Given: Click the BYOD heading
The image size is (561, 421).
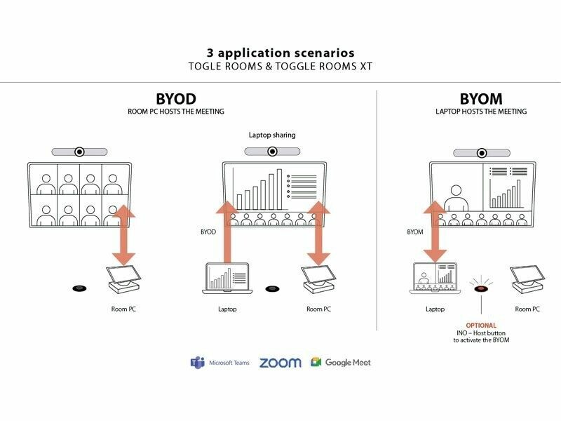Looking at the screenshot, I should point(176,99).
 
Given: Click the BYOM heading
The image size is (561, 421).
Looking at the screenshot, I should point(480,99).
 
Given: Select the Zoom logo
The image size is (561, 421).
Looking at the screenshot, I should point(280,363).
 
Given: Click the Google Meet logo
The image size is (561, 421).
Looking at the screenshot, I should point(341,363).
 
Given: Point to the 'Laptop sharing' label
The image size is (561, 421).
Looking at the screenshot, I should point(272,135).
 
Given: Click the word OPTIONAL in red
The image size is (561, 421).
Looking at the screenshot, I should point(480,326).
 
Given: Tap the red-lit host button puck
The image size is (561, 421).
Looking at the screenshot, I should point(480,288).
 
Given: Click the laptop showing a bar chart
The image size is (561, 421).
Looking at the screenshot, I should point(227,279).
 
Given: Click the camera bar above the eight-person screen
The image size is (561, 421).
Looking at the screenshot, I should point(80,152).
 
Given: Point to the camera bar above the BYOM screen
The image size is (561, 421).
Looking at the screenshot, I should point(481,152).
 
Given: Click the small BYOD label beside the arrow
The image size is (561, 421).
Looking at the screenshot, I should point(208,231).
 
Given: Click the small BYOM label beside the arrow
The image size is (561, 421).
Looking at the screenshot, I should point(415,231).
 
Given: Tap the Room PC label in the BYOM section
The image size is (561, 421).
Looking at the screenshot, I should point(527,309).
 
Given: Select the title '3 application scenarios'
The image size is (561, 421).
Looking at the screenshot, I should point(280,53).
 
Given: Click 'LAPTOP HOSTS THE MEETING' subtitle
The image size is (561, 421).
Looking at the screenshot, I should point(480,112).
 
